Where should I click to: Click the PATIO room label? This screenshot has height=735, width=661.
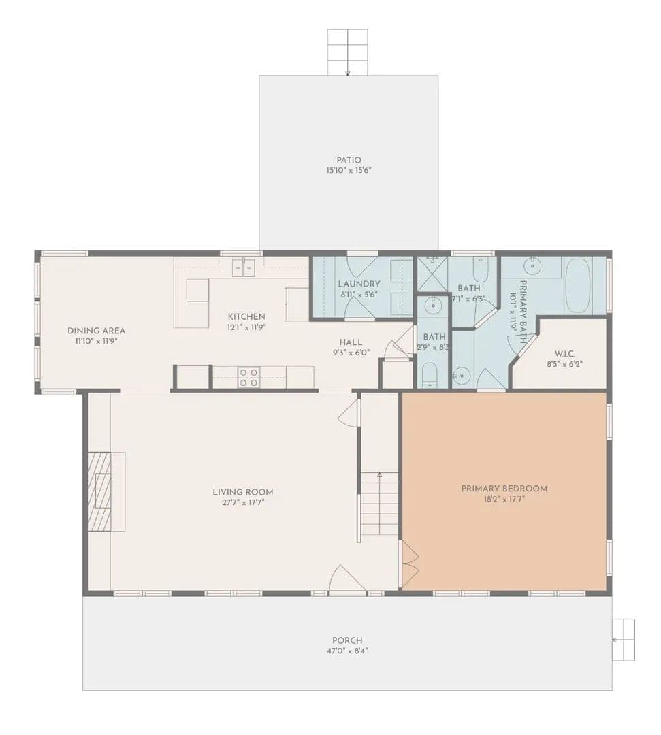pos(349,160)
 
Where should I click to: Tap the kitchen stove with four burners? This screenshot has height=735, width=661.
pos(248,377)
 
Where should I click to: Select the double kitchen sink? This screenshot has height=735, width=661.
pos(244,267)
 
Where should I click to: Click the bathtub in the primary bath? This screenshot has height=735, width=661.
pos(578,285)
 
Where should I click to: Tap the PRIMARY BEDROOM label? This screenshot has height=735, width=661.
pos(504,489)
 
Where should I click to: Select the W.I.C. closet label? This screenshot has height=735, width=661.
pos(565,353)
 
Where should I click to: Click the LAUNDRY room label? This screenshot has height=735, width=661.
pos(359,284)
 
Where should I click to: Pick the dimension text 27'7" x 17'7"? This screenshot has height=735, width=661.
pos(243,502)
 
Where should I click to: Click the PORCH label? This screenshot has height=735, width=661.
pos(347,640)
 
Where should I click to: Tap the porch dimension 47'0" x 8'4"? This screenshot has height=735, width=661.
pos(347,651)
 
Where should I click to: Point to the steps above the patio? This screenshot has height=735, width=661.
pos(347,52)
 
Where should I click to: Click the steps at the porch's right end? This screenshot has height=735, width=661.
pos(624,640)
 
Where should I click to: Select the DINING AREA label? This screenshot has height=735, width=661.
pos(96,331)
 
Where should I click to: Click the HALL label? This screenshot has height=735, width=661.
pos(351,342)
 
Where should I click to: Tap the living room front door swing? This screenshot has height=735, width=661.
pos(347,579)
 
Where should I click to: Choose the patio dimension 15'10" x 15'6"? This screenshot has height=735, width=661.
pos(349,170)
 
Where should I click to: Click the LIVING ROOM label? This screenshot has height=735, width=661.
pos(243,492)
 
